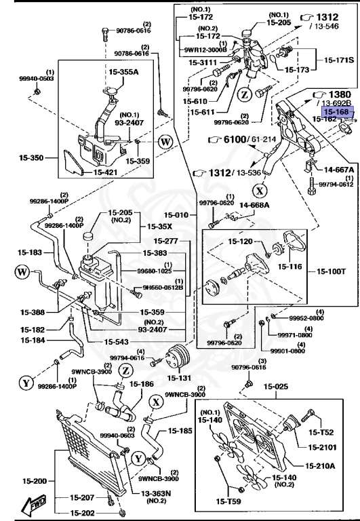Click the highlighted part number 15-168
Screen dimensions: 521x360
pyautogui.click(x=336, y=112)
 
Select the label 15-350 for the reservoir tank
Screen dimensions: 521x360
pyautogui.click(x=31, y=158)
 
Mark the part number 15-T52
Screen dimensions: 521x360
pyautogui.click(x=321, y=431)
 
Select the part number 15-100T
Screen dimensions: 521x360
pyautogui.click(x=332, y=272)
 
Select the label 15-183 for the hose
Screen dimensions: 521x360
pyautogui.click(x=31, y=252)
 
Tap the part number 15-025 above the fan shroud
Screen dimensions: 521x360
pyautogui.click(x=276, y=387)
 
